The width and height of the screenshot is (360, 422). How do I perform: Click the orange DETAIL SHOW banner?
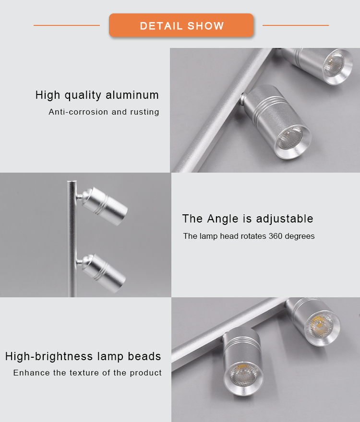(181, 25)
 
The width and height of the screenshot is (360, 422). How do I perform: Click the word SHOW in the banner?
(205, 26)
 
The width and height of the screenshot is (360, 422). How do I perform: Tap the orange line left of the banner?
(67, 25)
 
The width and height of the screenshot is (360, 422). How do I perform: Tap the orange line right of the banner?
(296, 25)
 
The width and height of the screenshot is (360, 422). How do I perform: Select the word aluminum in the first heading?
(132, 95)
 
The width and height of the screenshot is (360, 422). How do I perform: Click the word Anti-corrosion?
(78, 112)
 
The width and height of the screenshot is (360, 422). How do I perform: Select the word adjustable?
(285, 219)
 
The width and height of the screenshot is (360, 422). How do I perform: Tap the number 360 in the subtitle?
(276, 236)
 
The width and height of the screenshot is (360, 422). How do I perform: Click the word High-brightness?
(49, 356)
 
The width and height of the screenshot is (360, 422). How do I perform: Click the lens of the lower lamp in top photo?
(289, 138)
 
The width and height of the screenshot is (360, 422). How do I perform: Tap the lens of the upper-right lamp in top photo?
(334, 64)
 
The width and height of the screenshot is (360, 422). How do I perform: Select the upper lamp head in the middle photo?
(104, 206)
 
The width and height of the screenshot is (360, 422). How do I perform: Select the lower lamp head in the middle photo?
(103, 273)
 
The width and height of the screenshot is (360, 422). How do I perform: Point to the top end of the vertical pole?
(72, 181)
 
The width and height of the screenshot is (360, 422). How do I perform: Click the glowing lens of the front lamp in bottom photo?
(243, 375)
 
